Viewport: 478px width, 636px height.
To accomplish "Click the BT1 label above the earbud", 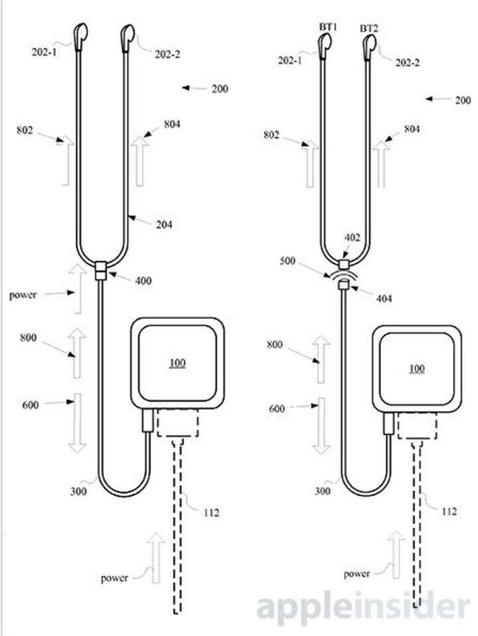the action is (x=328, y=27).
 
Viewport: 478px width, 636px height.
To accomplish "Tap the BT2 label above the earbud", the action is (x=369, y=29).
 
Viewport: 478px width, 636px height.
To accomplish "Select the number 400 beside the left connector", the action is (x=143, y=281).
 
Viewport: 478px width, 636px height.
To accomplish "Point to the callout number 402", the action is (x=351, y=238).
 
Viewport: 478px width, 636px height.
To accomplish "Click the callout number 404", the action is (x=384, y=299).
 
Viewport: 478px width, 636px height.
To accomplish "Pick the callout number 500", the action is (x=287, y=261).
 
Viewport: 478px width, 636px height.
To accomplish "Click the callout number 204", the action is (x=164, y=224).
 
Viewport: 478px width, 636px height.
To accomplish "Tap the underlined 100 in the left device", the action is (x=178, y=362).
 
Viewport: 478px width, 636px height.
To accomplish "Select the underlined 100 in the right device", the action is (x=417, y=368).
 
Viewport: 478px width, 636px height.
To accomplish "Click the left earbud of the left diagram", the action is (x=80, y=37).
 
